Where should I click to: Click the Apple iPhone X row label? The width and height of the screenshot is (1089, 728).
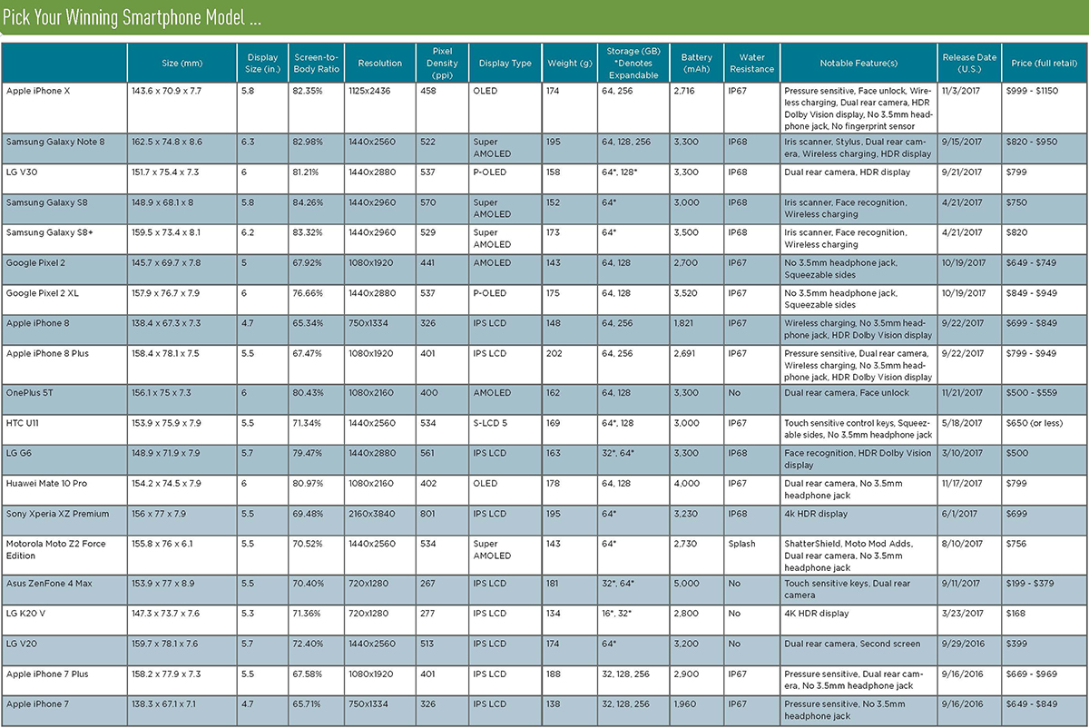38,92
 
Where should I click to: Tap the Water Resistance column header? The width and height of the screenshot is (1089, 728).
751,63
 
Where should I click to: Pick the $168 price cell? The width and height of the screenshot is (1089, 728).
1015,614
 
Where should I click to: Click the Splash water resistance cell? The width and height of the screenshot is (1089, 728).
741,544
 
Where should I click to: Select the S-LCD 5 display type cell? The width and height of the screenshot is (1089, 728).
494,423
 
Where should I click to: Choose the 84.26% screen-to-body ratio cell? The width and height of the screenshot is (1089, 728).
308,202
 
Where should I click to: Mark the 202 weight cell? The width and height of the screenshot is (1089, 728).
554,353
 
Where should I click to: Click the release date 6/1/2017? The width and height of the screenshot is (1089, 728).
961,514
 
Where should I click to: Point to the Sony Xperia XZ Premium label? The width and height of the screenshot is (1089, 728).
57,514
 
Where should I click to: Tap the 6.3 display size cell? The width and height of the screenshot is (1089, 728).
250,143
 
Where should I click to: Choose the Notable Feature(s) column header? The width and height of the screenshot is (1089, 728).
858,63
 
